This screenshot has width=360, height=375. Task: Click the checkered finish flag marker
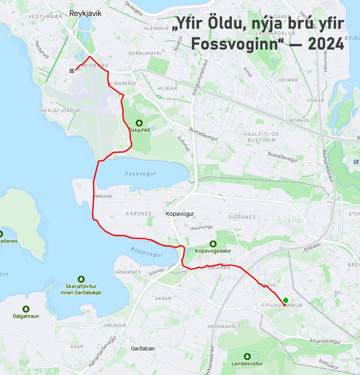pos(72,71)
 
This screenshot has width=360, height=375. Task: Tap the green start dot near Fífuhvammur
pos(286,300)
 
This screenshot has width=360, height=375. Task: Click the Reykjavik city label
pos(85,14)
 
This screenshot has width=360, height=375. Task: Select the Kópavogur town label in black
pos(179,214)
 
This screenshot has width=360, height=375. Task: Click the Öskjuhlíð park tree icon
pos(139,123)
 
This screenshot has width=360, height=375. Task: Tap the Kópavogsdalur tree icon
pos(213,244)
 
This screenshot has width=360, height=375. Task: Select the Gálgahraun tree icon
pos(26,309)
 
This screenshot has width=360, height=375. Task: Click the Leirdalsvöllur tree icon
pos(247,356)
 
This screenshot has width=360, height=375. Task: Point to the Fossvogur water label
pos(141,174)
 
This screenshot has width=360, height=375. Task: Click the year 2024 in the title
pos(326,44)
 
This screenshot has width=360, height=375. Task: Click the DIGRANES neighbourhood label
pos(242,217)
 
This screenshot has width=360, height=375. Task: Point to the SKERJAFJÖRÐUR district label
pos(59,110)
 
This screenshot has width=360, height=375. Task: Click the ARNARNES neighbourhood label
pos(128,272)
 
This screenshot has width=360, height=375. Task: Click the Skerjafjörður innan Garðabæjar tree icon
pos(81,279)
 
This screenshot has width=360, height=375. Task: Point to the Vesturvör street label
pos(103,196)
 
